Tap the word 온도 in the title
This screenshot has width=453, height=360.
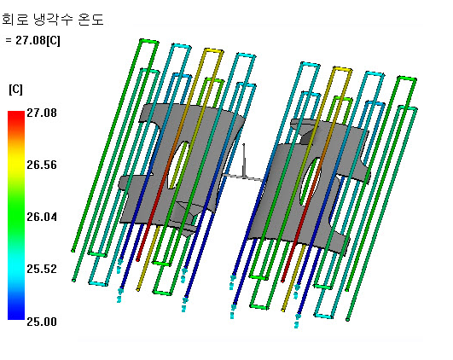[x=90, y=20]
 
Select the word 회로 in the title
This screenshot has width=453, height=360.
[x=15, y=20]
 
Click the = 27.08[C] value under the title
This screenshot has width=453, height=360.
[x=32, y=40]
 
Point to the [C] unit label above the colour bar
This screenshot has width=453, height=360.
[x=15, y=90]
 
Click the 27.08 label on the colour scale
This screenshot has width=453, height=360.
[x=42, y=113]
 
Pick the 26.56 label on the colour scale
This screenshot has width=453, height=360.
[x=42, y=165]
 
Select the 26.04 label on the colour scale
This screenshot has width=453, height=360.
[x=42, y=217]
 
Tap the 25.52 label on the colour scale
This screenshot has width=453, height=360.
[x=42, y=269]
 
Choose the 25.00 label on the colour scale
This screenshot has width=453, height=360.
[x=42, y=322]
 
